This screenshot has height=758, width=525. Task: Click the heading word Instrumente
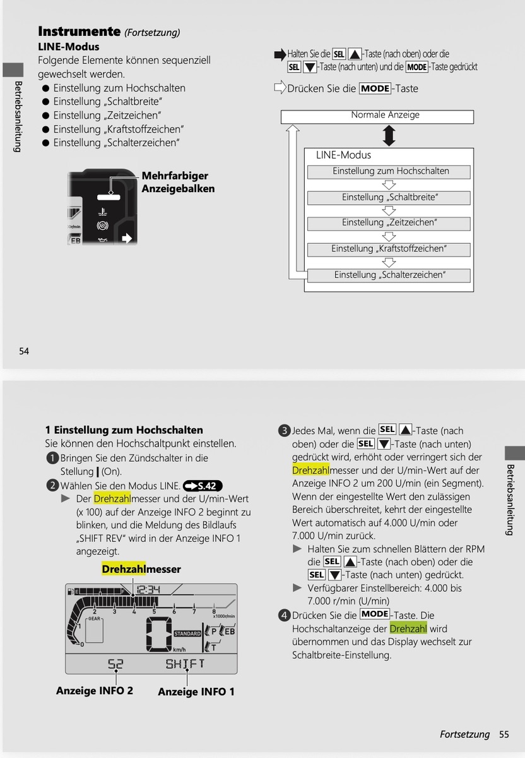coord(79,31)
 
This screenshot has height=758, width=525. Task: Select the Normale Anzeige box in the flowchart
coord(377,117)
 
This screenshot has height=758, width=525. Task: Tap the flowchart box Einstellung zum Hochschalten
coord(389,172)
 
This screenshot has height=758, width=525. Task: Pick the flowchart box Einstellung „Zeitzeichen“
coord(389,224)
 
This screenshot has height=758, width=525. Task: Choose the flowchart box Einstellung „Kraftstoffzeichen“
coord(389,250)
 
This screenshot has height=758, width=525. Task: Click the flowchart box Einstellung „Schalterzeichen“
coord(389,275)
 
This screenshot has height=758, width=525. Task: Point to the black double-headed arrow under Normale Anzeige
coord(389,136)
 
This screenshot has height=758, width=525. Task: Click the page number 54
coord(24,351)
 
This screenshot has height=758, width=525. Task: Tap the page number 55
coord(504,734)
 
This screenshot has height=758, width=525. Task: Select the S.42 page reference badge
coord(203,486)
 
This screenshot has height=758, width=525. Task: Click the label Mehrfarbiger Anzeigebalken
coord(178,182)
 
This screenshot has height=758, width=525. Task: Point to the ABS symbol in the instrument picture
coord(102,226)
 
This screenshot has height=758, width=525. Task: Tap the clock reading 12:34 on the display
coord(148,590)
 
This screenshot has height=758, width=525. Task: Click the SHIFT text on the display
coord(185,664)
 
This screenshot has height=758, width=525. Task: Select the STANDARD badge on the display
coord(187,634)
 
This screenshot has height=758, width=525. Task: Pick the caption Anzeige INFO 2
coord(95,690)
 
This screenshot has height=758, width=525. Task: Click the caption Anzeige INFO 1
coord(196,692)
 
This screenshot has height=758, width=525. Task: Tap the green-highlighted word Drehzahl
coord(408,629)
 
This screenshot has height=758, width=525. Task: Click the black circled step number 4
coord(285,615)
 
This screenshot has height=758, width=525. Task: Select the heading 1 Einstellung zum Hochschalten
coord(124,430)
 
